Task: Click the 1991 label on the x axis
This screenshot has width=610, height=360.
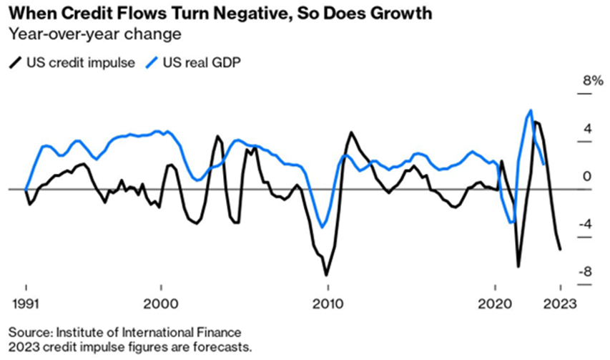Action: [26, 302]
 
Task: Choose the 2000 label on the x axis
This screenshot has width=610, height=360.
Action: [160, 302]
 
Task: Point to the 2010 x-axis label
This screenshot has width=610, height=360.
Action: [328, 302]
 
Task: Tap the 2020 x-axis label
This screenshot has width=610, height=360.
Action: [496, 302]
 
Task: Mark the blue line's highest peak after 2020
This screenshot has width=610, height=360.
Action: [530, 110]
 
